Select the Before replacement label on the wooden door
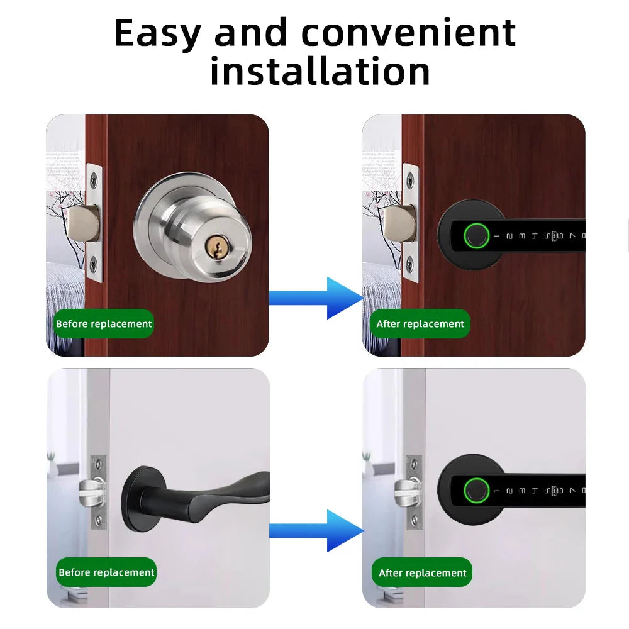point(104,324)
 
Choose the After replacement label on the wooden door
point(420,324)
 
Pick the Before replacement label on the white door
point(106,572)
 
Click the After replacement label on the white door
point(423,573)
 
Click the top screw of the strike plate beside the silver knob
point(93,179)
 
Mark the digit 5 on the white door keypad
point(551,491)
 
